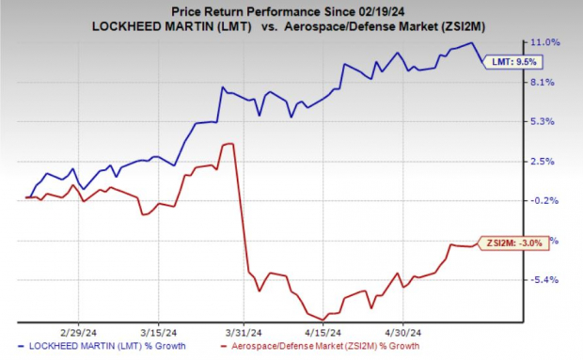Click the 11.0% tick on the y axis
[548, 42]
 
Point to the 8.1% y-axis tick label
[548, 82]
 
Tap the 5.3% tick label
[548, 121]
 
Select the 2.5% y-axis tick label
[548, 161]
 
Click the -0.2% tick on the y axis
[548, 200]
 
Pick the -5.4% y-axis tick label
[548, 279]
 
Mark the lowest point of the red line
[324, 319]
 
